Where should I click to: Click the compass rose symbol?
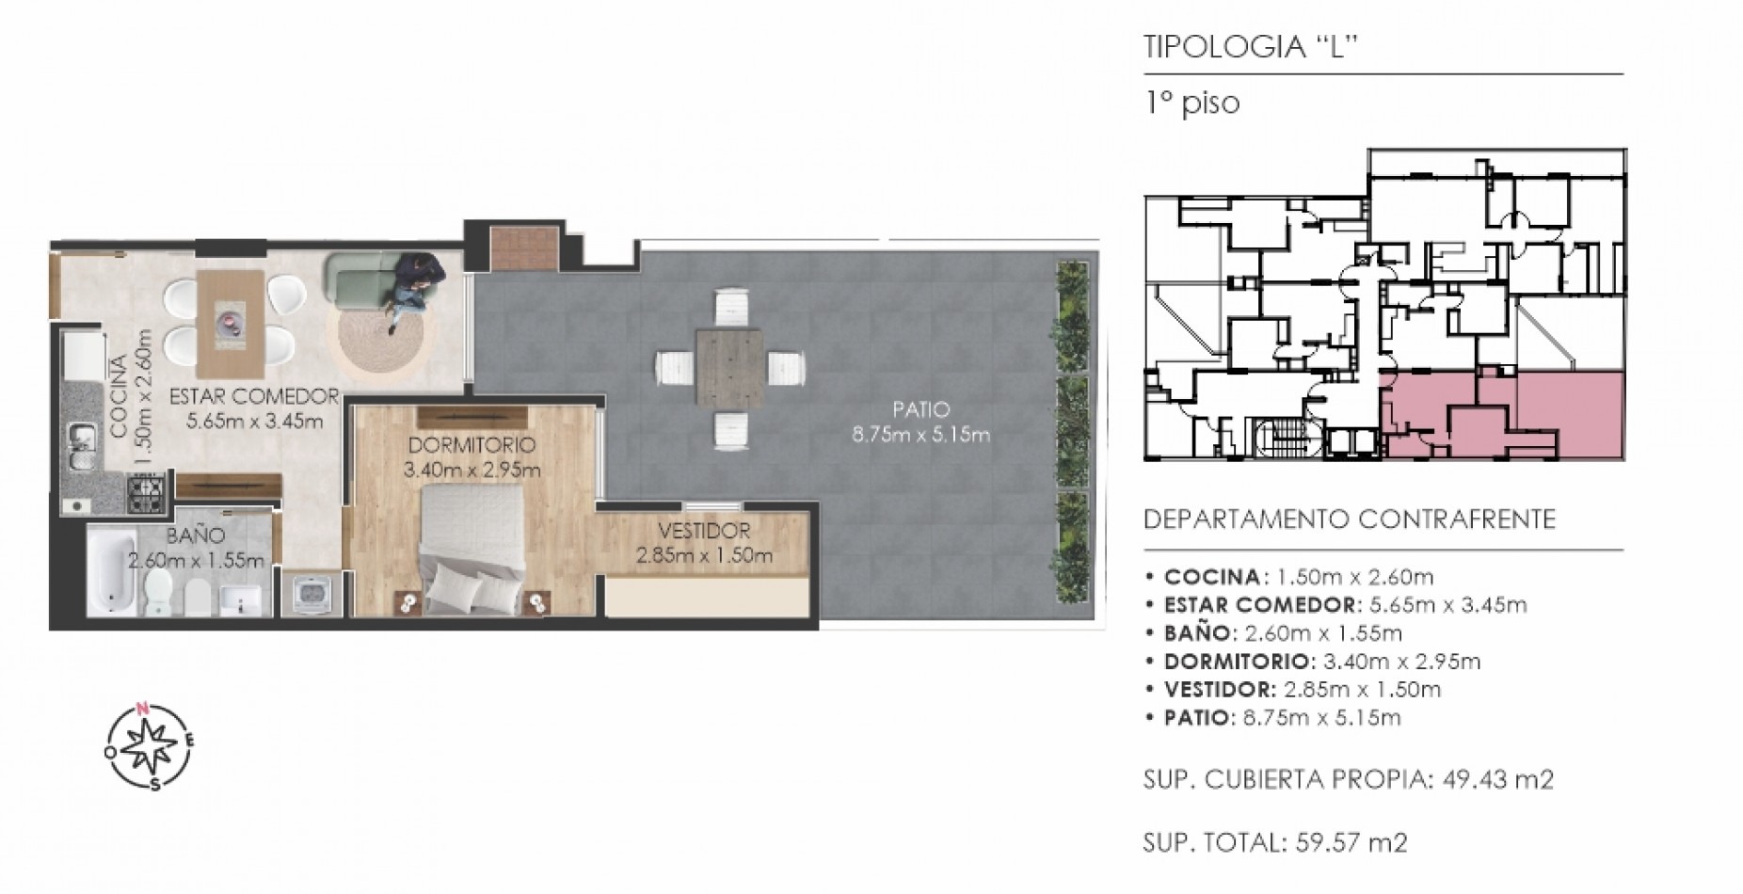(150, 746)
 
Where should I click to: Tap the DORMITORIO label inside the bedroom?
(472, 444)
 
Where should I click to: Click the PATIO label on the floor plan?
(920, 409)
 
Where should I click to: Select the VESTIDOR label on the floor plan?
(704, 531)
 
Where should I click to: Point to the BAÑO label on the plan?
(196, 535)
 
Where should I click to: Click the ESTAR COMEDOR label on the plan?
(254, 396)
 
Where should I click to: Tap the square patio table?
(731, 366)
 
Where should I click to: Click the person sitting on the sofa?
(414, 289)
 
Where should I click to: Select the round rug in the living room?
(376, 340)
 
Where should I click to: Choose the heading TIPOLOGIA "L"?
(1252, 48)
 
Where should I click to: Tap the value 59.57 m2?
(1352, 842)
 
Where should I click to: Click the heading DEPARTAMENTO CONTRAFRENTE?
(1349, 519)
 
